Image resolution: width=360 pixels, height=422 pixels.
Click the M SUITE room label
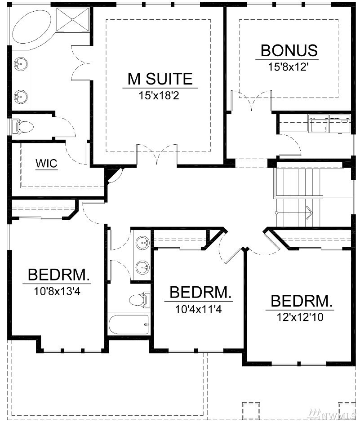[160, 79]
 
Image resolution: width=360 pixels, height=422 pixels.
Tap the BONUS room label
[289, 50]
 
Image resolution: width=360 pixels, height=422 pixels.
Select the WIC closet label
[47, 164]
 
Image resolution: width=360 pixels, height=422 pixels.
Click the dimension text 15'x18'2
[159, 96]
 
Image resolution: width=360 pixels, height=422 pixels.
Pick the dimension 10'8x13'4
[58, 291]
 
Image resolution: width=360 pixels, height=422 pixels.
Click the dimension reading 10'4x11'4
[198, 309]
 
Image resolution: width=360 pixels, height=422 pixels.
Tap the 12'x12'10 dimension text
[300, 317]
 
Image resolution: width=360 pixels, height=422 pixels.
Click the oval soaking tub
[32, 27]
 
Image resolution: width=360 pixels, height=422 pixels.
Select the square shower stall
[73, 19]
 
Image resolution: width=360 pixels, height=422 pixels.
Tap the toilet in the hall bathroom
[139, 300]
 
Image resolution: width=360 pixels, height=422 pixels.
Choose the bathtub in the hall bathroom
[129, 324]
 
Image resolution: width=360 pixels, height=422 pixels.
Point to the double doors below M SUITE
[157, 154]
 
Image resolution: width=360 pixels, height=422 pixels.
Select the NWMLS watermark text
[333, 414]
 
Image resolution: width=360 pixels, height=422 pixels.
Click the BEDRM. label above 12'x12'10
[302, 301]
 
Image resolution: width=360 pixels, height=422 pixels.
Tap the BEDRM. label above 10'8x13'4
[59, 275]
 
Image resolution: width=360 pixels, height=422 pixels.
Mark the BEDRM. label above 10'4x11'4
[200, 292]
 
